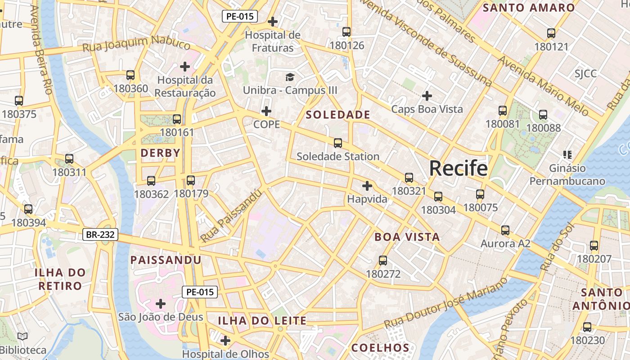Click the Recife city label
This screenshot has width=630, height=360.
(x=458, y=168)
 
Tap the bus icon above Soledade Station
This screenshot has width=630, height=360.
(x=338, y=143)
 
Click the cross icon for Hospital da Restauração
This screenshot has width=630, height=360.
(x=185, y=67)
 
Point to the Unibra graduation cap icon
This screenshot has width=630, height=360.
(x=290, y=77)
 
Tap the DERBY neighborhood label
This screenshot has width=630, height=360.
(x=160, y=153)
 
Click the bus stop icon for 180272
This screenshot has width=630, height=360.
(x=383, y=260)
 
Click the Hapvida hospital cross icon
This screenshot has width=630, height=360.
(x=367, y=185)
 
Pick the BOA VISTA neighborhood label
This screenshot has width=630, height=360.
(x=407, y=237)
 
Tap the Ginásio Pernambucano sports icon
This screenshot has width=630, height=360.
(x=567, y=155)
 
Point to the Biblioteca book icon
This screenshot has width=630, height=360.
(x=22, y=336)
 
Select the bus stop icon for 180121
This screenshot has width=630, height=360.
(x=551, y=33)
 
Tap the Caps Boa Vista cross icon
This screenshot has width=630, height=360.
(x=427, y=96)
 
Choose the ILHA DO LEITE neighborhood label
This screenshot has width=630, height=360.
(x=262, y=321)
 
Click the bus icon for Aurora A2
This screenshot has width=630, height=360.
(x=505, y=230)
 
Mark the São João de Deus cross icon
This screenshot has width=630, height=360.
(x=161, y=304)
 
